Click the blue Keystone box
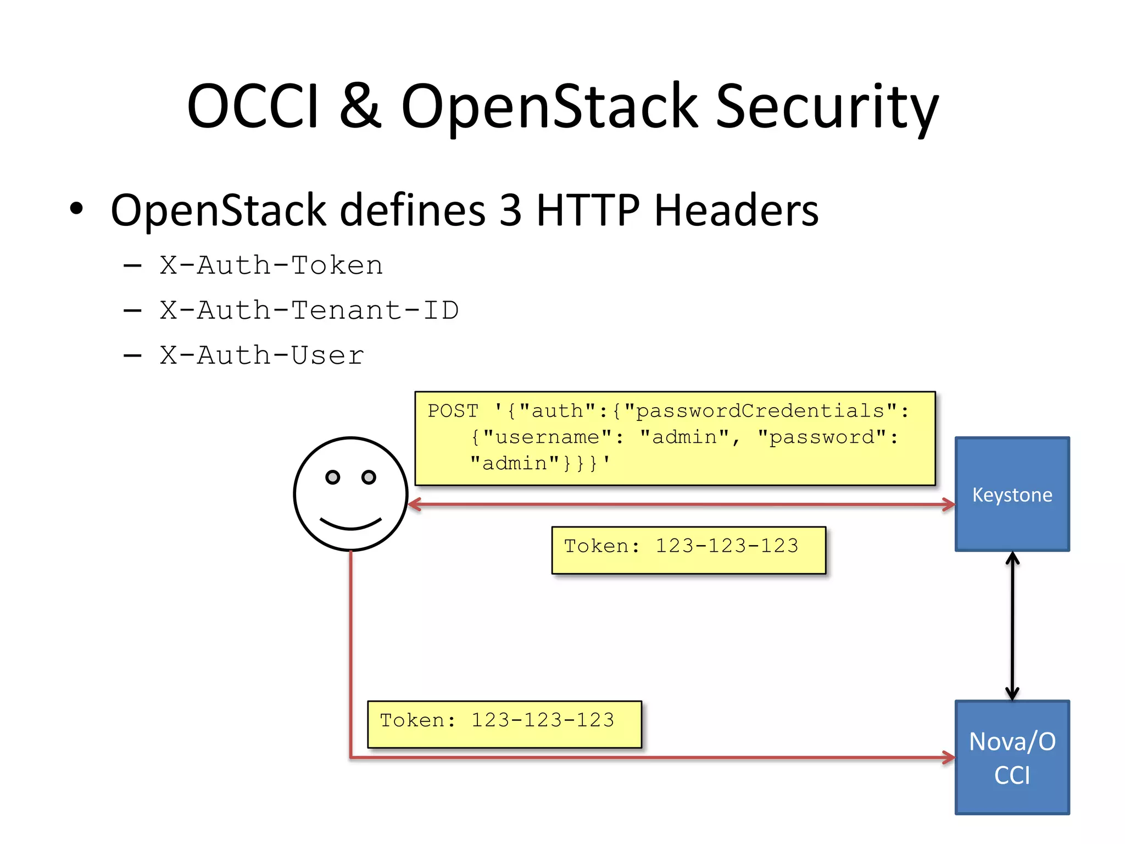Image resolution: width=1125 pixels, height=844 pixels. [x=1012, y=494]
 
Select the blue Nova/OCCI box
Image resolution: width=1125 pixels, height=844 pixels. [x=1012, y=757]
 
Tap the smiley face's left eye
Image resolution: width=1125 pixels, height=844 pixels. [x=332, y=477]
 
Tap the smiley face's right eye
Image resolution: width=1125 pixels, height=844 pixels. [x=369, y=477]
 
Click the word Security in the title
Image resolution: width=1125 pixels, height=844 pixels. [x=827, y=107]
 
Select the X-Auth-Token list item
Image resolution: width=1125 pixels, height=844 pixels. [x=271, y=266]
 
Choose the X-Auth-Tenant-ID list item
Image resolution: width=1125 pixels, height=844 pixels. [x=309, y=311]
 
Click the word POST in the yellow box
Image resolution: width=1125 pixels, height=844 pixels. [x=453, y=411]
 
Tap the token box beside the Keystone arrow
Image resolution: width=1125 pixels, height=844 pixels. [x=688, y=550]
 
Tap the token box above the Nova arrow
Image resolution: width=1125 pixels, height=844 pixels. [x=504, y=724]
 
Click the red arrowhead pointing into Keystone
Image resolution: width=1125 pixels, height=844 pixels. [x=949, y=504]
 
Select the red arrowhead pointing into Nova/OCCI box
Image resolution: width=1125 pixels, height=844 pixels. [x=949, y=757]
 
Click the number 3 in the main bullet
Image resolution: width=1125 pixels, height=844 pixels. [x=510, y=210]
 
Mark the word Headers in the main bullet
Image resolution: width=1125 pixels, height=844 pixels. [x=736, y=210]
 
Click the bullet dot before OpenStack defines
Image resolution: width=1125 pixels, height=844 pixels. [x=76, y=209]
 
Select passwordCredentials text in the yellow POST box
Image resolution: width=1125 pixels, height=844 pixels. [x=760, y=411]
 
